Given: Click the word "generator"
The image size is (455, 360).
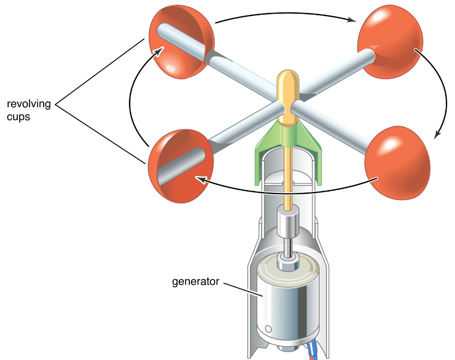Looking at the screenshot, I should pos(195,281).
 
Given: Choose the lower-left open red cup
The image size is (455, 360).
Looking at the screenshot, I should pos(179,166).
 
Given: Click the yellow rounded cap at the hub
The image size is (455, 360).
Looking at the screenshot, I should pos(288,85).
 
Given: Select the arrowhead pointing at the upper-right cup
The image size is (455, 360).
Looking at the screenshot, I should pos(353,20).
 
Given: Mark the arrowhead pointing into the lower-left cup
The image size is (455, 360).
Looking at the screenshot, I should pos(199,179).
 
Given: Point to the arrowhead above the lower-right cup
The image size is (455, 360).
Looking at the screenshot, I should pos(437,134).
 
